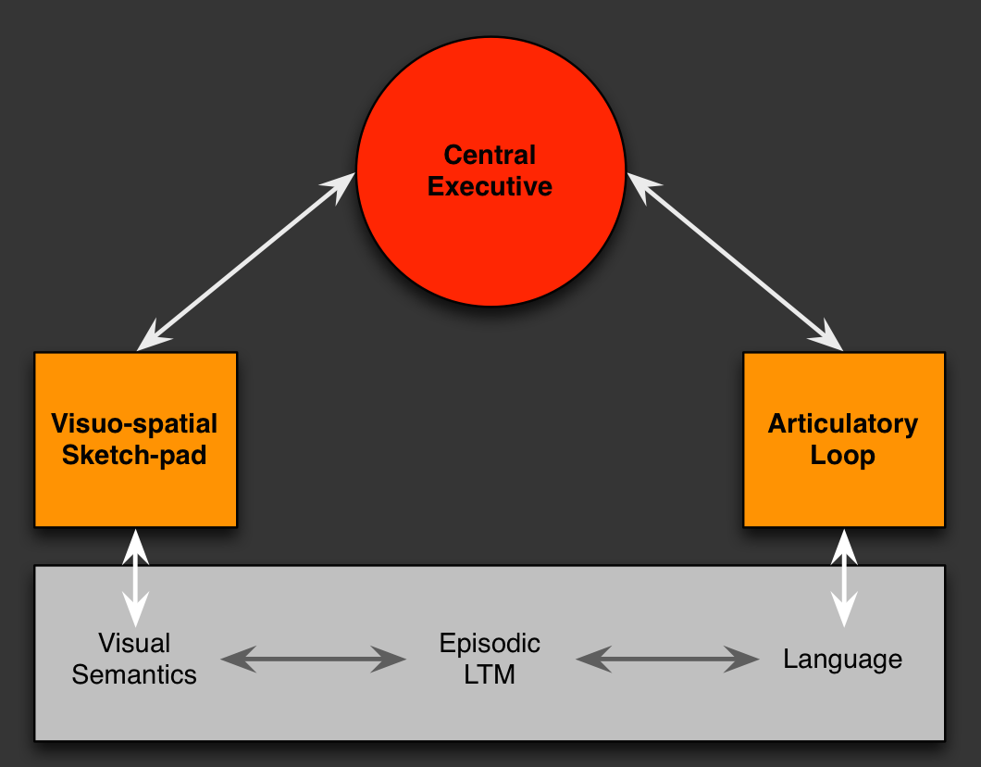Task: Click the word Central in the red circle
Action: tap(490, 155)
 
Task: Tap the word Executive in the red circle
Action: tap(490, 186)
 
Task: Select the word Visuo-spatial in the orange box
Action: tap(134, 424)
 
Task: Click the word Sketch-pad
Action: tap(134, 456)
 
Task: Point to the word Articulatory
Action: tap(842, 424)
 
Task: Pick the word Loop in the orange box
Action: tap(842, 456)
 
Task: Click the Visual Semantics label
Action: tap(134, 659)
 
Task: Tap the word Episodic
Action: tap(490, 643)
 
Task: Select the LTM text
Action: tap(490, 674)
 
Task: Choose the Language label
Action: tap(842, 660)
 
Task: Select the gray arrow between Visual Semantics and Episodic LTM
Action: tap(313, 660)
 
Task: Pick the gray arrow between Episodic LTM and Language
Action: tap(667, 660)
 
